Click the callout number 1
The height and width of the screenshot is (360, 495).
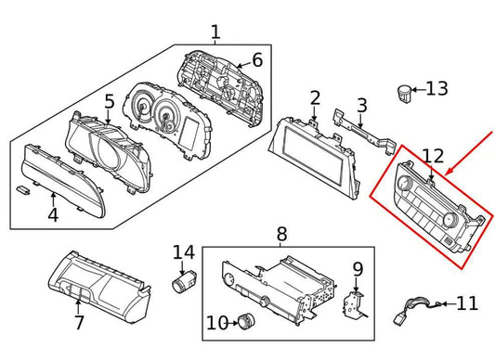[215, 33]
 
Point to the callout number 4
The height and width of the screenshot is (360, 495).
[53, 217]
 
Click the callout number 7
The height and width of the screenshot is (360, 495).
[80, 323]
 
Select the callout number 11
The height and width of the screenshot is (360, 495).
[466, 302]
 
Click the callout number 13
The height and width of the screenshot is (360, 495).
[436, 89]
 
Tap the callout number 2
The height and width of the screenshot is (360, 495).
[315, 97]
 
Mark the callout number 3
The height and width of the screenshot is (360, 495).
[362, 107]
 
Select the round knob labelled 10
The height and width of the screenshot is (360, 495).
[246, 322]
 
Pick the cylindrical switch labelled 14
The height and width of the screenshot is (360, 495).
[184, 279]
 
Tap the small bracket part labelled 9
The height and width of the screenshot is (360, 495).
[352, 302]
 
